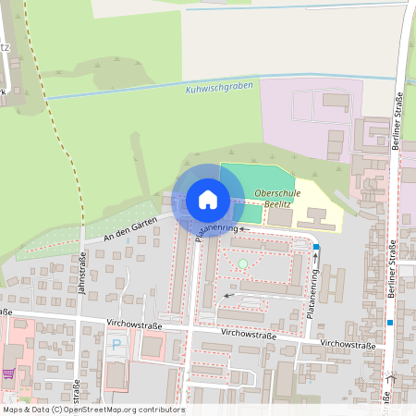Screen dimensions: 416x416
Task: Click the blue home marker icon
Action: point(207,199)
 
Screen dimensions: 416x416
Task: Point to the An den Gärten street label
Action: point(130,227)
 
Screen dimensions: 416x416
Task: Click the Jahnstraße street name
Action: point(81,273)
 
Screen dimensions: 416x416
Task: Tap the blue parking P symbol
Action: point(116,345)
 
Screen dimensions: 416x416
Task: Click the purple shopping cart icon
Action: point(8,374)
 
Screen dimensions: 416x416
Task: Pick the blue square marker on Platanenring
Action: point(316,247)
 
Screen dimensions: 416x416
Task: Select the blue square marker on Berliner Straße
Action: point(390,322)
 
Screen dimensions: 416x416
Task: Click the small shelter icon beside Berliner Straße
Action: point(390,378)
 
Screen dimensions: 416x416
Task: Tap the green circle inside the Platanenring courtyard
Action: point(243,264)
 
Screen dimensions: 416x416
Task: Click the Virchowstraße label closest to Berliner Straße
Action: point(348,345)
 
